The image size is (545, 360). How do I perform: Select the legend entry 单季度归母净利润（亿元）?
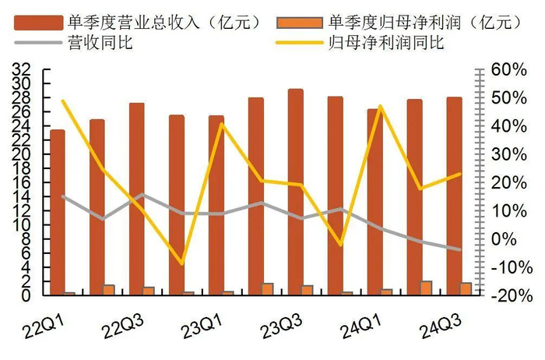point(409,21)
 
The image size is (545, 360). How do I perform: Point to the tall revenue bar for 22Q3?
point(136,199)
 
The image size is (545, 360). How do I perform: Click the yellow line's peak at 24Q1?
point(381,106)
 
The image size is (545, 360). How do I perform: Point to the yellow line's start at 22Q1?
point(63,101)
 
